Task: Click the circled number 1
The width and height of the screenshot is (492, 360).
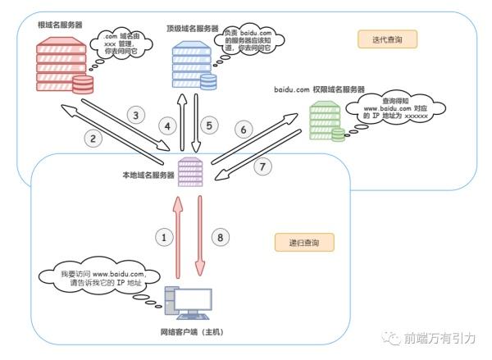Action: [x=165, y=237]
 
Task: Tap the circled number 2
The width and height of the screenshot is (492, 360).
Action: [x=94, y=139]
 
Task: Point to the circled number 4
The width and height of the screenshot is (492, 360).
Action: [x=169, y=126]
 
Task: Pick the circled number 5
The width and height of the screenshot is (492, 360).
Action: [x=209, y=125]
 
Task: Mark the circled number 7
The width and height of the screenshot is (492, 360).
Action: [x=263, y=166]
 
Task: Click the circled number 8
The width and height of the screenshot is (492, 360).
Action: [x=217, y=237]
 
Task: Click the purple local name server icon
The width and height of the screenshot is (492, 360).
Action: [x=189, y=173]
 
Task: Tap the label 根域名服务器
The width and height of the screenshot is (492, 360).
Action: [x=58, y=24]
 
